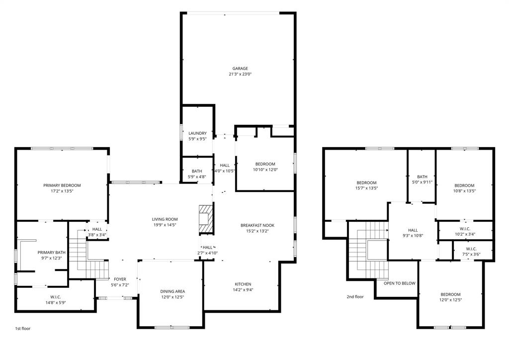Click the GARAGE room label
(240, 69)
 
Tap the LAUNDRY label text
(197, 133)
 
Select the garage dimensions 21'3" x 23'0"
(240, 74)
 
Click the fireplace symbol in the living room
(204, 219)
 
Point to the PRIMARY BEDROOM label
(62, 185)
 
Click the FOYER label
(120, 279)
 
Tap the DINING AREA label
(172, 291)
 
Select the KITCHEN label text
(243, 284)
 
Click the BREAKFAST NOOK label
(257, 225)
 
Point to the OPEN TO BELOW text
(399, 283)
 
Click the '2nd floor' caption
(355, 297)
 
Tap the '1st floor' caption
(22, 329)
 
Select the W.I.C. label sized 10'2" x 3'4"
(465, 229)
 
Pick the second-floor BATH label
(422, 177)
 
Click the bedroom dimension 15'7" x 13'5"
(366, 188)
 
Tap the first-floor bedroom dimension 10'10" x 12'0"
(265, 170)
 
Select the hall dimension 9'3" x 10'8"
(413, 236)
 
